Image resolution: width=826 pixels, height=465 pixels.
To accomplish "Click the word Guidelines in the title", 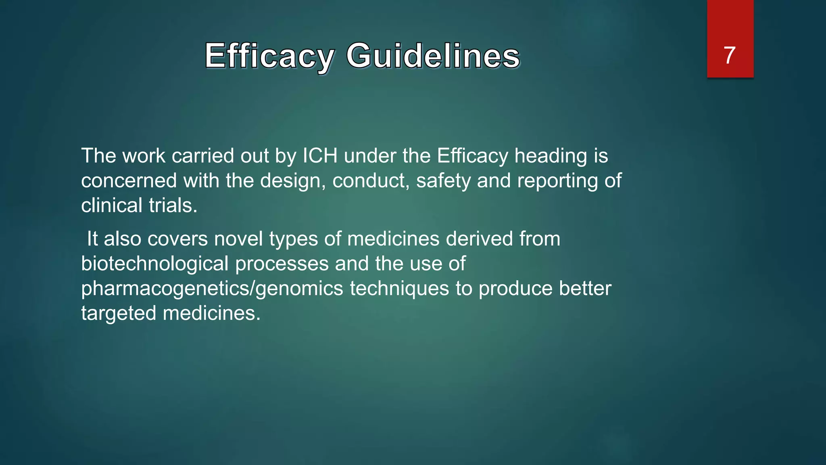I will pyautogui.click(x=433, y=56).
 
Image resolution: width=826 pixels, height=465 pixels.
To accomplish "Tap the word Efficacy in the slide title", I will pyautogui.click(x=269, y=56).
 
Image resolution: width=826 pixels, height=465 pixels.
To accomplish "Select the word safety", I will pyautogui.click(x=443, y=181).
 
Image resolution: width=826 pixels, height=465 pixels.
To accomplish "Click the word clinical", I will pyautogui.click(x=112, y=205).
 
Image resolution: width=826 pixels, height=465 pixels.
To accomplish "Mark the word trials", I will pyautogui.click(x=173, y=205).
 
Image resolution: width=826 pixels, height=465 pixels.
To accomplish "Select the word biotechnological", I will pyautogui.click(x=155, y=264).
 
